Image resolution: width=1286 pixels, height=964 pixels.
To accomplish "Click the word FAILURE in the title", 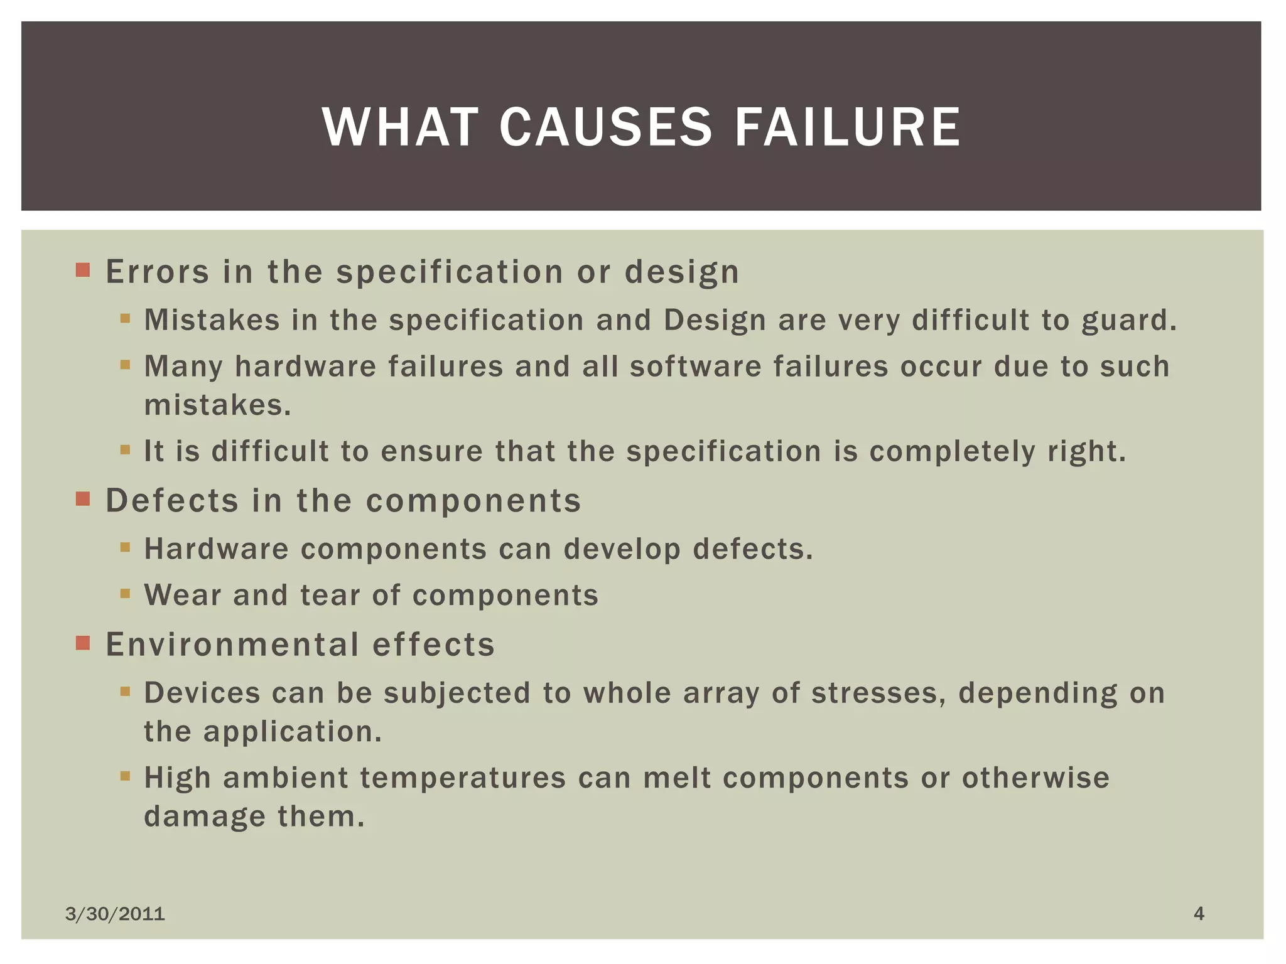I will [x=847, y=127].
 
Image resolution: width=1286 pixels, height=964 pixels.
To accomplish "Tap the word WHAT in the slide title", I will [x=401, y=127].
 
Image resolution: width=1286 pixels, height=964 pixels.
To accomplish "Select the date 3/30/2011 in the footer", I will [x=115, y=914].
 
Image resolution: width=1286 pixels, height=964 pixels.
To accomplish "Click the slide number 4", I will [x=1199, y=913].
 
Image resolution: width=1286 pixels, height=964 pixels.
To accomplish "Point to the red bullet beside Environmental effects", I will [x=83, y=643].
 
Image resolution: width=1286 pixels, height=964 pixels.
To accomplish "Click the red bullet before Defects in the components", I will [x=83, y=499].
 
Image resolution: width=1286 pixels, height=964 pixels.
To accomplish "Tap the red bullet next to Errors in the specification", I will [x=83, y=270].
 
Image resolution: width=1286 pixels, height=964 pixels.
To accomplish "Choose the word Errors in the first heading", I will [x=157, y=272].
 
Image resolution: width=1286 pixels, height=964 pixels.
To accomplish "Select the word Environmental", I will [x=232, y=645].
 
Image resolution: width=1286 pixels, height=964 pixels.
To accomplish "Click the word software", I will [x=696, y=367].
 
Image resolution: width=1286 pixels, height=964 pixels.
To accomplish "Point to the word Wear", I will [x=183, y=595].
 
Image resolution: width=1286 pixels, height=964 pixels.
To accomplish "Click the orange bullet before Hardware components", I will [x=125, y=547].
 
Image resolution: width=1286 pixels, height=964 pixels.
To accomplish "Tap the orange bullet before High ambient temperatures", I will [x=125, y=776].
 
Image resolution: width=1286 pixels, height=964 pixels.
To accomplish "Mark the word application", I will [x=293, y=732].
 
